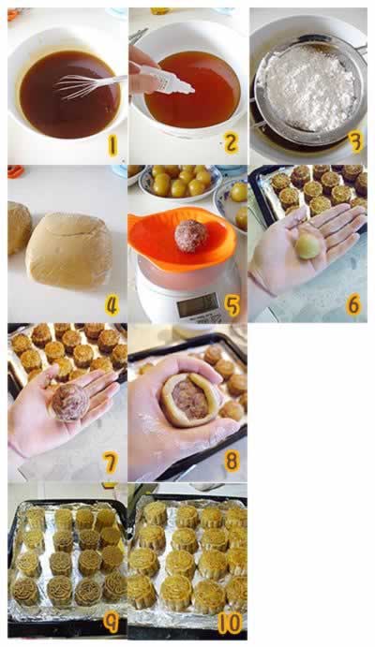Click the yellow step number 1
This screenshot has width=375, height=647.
point(112,146)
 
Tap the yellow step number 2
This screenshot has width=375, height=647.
point(231,143)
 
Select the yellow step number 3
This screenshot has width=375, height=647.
point(355,142)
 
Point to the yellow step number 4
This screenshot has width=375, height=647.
point(112,306)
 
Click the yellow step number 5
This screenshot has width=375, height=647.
point(232,306)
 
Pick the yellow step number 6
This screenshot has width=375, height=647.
point(353,305)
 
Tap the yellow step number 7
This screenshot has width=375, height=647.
point(111,463)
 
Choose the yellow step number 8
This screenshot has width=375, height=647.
point(232,462)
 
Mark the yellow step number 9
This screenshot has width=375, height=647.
point(111,624)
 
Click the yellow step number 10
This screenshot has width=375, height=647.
point(229,624)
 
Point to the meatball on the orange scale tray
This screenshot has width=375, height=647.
point(190,236)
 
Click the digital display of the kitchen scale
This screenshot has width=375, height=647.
point(199,306)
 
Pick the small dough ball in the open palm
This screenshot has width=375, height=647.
point(308,246)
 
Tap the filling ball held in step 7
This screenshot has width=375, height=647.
point(69,403)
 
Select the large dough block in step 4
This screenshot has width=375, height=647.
point(68,250)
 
